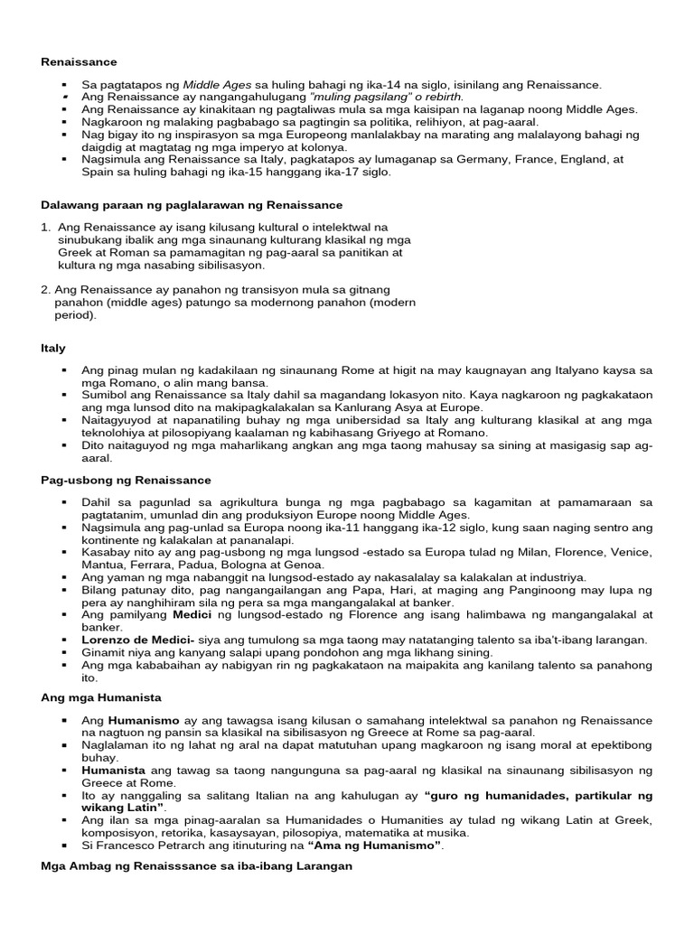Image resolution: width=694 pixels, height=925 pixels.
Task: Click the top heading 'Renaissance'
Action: [80, 62]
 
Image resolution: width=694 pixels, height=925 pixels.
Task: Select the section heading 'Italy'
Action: [53, 347]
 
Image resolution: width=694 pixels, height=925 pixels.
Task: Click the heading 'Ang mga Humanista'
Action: [96, 696]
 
